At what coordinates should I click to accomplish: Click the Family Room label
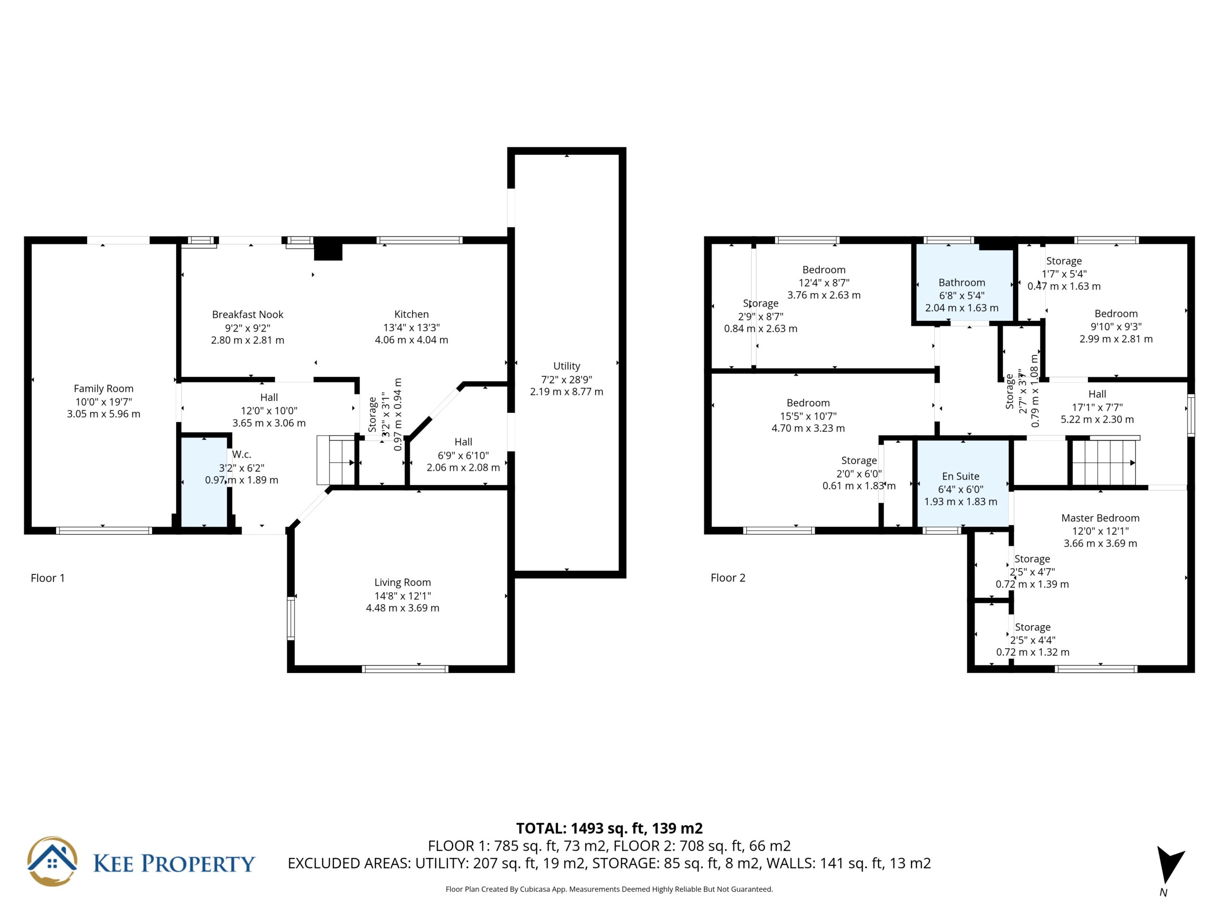point(104,388)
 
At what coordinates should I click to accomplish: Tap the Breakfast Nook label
point(248,315)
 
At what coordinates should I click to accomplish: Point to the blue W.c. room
point(204,483)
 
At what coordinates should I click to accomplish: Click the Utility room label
point(567,366)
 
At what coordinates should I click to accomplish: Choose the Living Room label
point(403,582)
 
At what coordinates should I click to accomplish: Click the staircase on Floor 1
point(336,460)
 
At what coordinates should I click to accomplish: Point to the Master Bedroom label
point(1100,518)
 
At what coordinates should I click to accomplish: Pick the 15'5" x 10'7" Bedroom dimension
point(808,416)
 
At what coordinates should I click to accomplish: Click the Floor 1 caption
point(48,578)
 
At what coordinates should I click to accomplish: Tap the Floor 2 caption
point(728,578)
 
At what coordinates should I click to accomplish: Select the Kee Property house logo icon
point(52,862)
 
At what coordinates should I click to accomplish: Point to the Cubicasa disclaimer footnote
point(609,889)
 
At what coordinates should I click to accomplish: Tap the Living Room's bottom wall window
point(405,669)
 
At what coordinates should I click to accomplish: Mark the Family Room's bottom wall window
point(104,531)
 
